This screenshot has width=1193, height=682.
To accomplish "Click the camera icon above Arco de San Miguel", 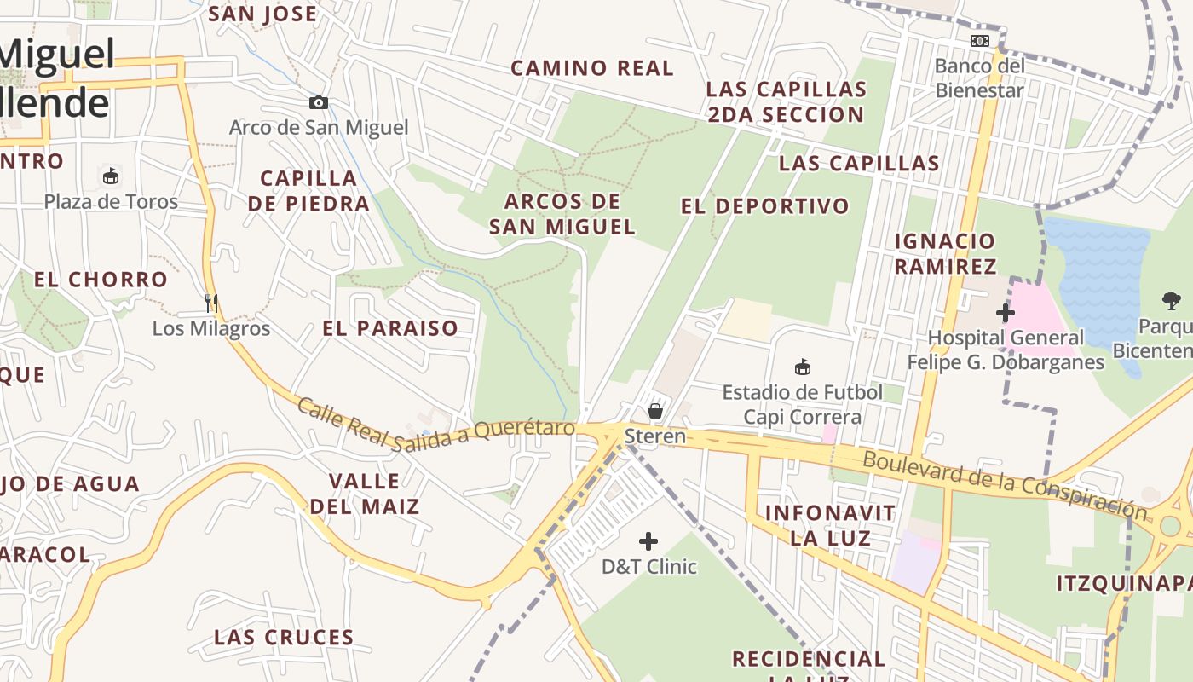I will [318, 103].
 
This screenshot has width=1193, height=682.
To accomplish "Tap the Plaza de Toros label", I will [111, 202].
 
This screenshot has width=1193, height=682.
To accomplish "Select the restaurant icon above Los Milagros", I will [211, 303].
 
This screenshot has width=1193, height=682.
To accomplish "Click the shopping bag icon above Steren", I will [655, 411].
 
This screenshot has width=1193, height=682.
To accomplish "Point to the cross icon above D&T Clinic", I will [648, 541].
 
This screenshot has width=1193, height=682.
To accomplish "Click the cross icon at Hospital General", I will [1006, 313].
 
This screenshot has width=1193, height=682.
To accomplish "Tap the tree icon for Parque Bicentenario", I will [1172, 300].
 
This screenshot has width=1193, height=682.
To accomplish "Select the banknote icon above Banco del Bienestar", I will [979, 40].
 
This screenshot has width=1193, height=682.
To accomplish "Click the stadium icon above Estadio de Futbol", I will [802, 367].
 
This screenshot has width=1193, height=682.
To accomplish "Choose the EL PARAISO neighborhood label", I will [390, 328].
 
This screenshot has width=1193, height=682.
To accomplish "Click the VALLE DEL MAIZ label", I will [365, 494].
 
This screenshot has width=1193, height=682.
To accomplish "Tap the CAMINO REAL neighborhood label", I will [592, 68].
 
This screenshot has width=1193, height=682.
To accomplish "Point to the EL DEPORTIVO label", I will [765, 206].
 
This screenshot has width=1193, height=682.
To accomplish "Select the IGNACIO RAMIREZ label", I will [945, 253].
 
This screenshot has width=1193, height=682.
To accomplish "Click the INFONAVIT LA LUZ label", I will [830, 525].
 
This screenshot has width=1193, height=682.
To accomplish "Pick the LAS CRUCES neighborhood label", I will [284, 638].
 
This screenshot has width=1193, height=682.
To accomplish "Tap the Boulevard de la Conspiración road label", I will [1006, 484].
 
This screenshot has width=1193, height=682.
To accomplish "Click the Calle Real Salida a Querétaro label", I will [435, 425].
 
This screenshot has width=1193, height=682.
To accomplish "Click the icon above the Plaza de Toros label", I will [110, 176].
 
